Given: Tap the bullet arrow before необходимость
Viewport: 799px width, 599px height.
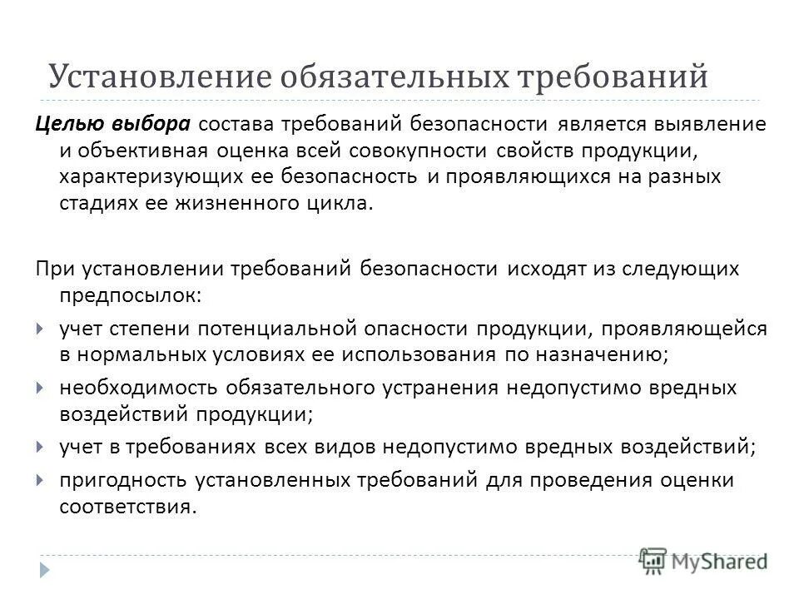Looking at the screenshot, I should (x=42, y=388).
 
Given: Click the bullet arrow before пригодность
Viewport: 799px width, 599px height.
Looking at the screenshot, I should (x=42, y=479).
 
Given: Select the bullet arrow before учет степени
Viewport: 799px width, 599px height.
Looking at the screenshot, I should (x=42, y=329).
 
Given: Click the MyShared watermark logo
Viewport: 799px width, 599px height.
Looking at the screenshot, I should (x=703, y=560).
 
